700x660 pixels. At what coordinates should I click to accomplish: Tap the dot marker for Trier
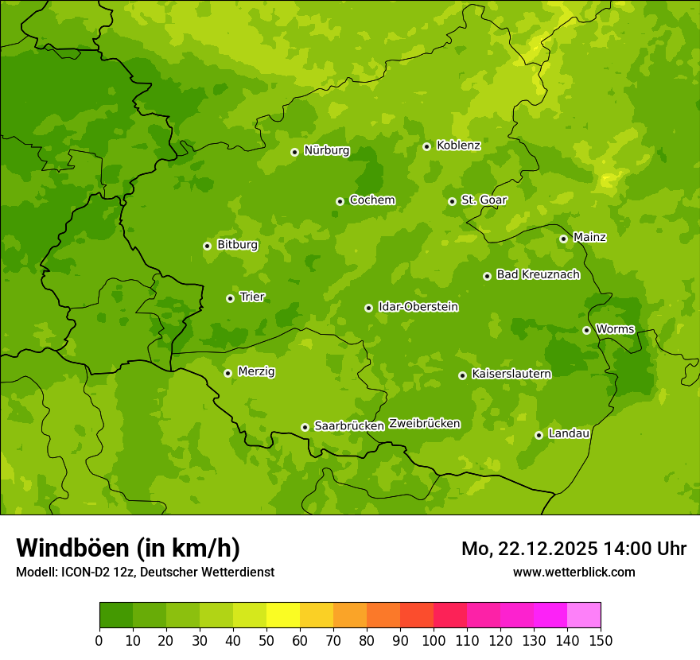(x=230, y=298)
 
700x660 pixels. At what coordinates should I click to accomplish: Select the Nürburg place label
(x=326, y=150)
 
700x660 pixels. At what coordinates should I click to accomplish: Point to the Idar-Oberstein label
(x=418, y=307)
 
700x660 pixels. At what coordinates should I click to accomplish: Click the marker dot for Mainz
(x=563, y=239)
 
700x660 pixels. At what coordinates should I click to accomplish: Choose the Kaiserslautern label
(x=511, y=374)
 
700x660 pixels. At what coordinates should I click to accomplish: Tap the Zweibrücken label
(x=424, y=424)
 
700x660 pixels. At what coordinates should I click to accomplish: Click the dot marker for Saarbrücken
(x=305, y=427)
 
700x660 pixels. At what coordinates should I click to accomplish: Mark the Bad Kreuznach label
(x=538, y=275)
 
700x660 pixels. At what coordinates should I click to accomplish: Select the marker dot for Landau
(x=539, y=435)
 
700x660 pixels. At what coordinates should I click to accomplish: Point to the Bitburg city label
(x=237, y=245)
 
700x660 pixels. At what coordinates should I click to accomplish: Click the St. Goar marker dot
(x=452, y=201)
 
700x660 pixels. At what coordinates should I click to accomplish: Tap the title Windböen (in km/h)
(x=128, y=548)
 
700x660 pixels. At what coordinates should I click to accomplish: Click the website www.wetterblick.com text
(x=574, y=572)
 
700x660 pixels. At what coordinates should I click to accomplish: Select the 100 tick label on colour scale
(x=434, y=640)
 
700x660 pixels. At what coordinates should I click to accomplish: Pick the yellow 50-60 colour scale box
(x=283, y=615)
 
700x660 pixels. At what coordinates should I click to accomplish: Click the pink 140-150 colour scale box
(x=584, y=615)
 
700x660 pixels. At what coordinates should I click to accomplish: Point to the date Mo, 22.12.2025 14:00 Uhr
(x=574, y=549)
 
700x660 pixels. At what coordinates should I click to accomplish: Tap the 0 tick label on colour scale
(x=99, y=640)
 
